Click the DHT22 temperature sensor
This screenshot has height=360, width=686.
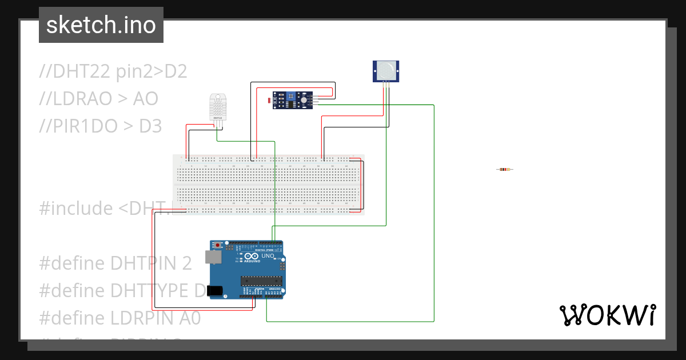(217, 107)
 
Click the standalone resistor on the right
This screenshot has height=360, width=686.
(504, 169)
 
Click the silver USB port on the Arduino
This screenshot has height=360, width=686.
(213, 258)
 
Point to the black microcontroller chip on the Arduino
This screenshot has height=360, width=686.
(261, 280)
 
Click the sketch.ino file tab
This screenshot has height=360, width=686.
(101, 25)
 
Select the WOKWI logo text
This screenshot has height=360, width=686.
(607, 315)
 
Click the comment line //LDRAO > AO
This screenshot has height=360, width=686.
(98, 99)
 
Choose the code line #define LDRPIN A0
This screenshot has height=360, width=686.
(120, 318)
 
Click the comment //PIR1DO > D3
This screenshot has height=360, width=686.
(101, 126)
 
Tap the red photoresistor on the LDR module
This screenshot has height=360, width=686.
(270, 101)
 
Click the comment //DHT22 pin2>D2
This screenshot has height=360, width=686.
(113, 71)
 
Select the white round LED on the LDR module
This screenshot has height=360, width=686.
(304, 100)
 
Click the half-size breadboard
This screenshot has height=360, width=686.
(269, 184)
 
